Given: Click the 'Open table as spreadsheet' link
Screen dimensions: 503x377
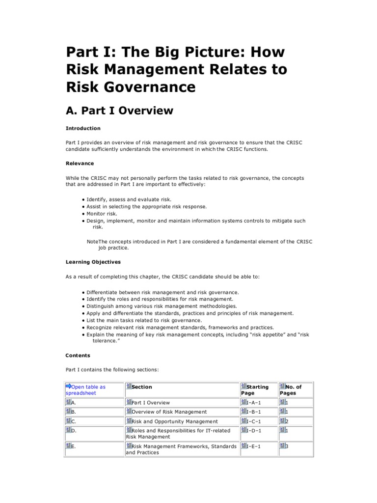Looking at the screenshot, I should tap(85, 390).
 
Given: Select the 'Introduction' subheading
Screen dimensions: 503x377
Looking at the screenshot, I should tap(83, 128).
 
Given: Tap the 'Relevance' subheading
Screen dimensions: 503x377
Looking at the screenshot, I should tap(80, 163).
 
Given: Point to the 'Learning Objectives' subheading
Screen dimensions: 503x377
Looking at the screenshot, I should tap(93, 262).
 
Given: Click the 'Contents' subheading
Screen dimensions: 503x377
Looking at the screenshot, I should tap(78, 355).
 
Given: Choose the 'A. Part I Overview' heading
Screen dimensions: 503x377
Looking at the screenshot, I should tap(119, 111).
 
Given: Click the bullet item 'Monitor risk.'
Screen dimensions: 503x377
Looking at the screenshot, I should tap(102, 214).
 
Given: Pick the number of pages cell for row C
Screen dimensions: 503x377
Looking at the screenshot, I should tap(284, 421).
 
